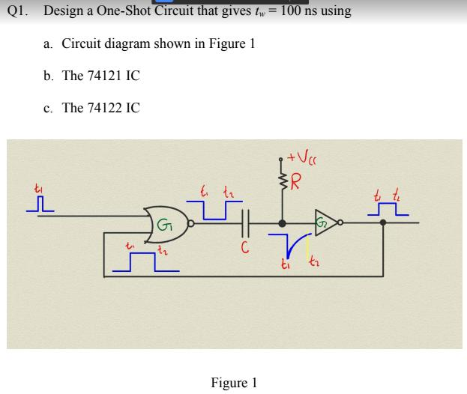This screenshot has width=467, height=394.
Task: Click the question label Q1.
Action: [x=19, y=12]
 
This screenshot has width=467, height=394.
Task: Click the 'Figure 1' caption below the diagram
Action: [x=233, y=383]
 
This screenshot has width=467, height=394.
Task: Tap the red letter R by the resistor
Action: [x=298, y=181]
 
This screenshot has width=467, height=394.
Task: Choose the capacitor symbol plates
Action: [x=242, y=222]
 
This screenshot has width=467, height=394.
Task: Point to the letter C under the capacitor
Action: [x=244, y=247]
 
